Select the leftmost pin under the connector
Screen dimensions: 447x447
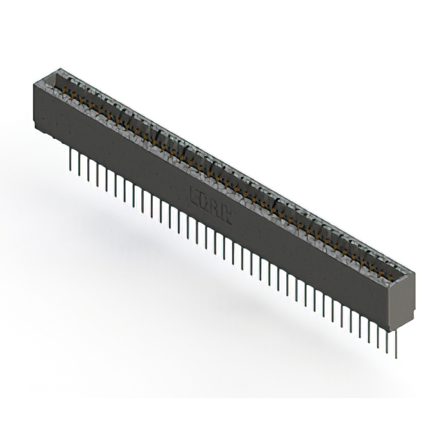[x=71, y=159]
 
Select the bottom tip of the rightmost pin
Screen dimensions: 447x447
[x=396, y=357]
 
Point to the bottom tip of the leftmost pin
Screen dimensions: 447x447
[x=71, y=169]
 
